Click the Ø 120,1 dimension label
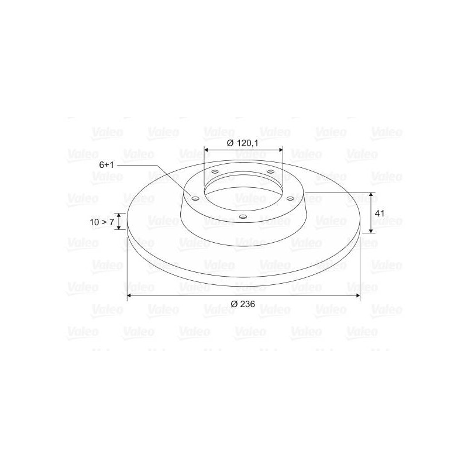click(242, 143)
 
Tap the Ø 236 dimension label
click(243, 304)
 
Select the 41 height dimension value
click(380, 214)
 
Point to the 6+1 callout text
click(106, 165)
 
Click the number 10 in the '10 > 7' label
click(94, 222)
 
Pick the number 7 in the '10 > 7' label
click(112, 222)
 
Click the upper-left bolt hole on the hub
click(215, 171)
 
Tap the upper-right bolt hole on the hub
click(271, 171)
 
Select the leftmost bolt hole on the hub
click(195, 198)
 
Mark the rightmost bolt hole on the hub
click(290, 198)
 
